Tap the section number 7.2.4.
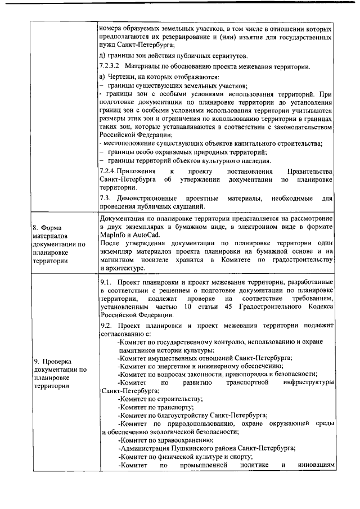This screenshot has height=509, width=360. pyautogui.click(x=108, y=170)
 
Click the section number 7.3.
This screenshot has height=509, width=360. pyautogui.click(x=104, y=199)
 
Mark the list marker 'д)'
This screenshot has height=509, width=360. pyautogui.click(x=102, y=55)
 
